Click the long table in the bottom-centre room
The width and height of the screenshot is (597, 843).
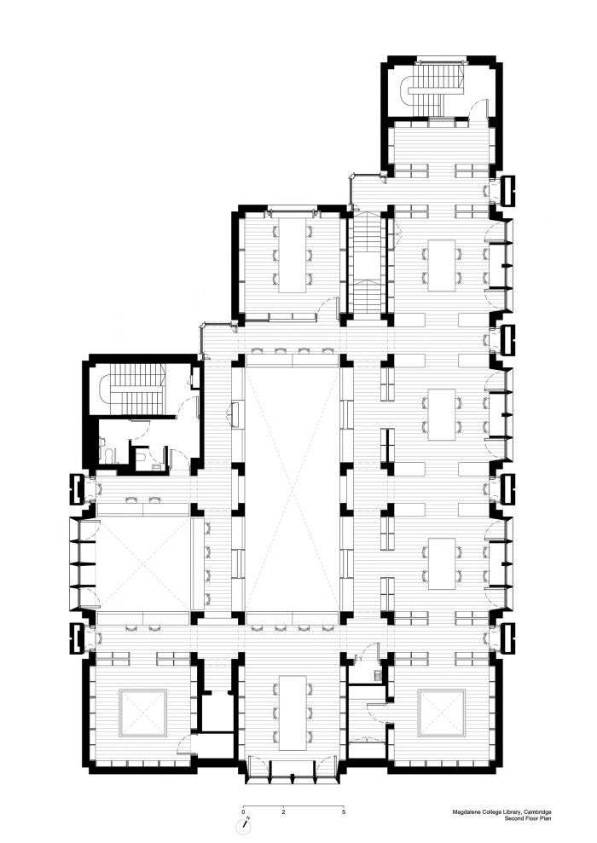[293, 713]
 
